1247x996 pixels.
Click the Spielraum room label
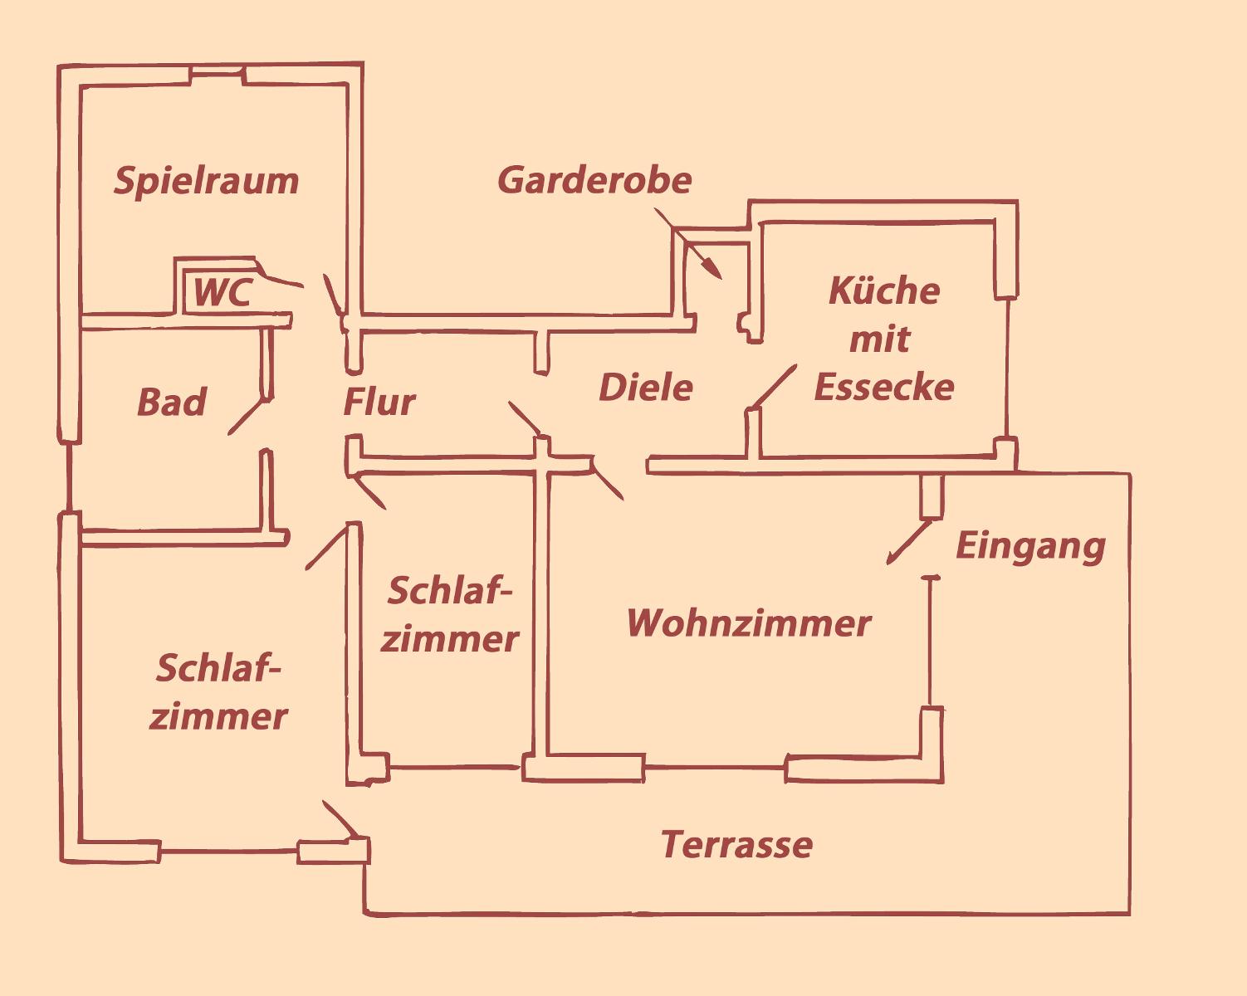pyautogui.click(x=206, y=181)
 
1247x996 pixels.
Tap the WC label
pyautogui.click(x=221, y=293)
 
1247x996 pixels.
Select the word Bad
pyautogui.click(x=171, y=403)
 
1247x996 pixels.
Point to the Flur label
pyautogui.click(x=379, y=403)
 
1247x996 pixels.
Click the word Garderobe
pyautogui.click(x=594, y=180)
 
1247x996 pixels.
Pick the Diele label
pyautogui.click(x=646, y=388)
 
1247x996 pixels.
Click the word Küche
pyautogui.click(x=884, y=291)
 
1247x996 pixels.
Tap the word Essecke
pyautogui.click(x=884, y=388)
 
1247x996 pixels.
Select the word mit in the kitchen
pyautogui.click(x=880, y=339)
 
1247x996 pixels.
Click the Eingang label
pyautogui.click(x=1030, y=546)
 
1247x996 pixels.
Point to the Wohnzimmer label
pyautogui.click(x=748, y=623)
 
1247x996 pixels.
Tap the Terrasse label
pyautogui.click(x=736, y=845)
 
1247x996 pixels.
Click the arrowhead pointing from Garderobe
pyautogui.click(x=714, y=270)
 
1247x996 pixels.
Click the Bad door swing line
pyautogui.click(x=247, y=417)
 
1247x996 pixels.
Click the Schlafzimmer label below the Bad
pyautogui.click(x=218, y=692)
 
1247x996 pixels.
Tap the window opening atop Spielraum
pyautogui.click(x=217, y=77)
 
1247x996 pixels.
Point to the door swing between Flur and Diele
pyautogui.click(x=525, y=418)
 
